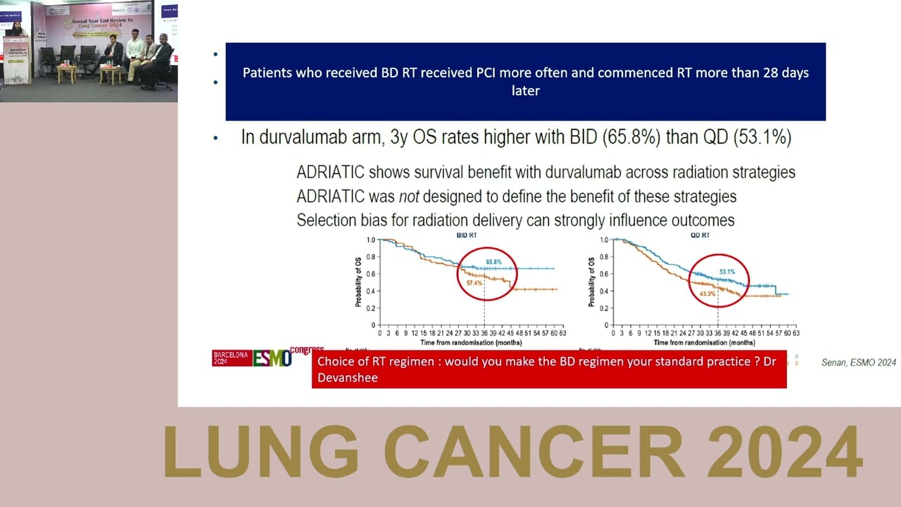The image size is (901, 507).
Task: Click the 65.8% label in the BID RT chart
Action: pyautogui.click(x=493, y=262)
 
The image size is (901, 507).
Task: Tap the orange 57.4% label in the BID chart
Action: pyautogui.click(x=474, y=283)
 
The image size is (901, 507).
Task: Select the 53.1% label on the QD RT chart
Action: pyautogui.click(x=726, y=272)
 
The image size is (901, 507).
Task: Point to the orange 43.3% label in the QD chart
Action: pyautogui.click(x=707, y=294)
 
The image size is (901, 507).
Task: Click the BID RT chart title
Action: pyautogui.click(x=467, y=235)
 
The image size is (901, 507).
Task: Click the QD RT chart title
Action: pyautogui.click(x=700, y=235)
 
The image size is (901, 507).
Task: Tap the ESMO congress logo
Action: pyautogui.click(x=271, y=358)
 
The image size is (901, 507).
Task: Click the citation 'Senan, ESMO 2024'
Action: pyautogui.click(x=858, y=363)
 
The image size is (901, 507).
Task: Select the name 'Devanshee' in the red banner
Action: pyautogui.click(x=348, y=378)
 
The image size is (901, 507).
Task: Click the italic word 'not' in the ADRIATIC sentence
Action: pyautogui.click(x=409, y=196)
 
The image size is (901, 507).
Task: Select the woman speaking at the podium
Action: pyautogui.click(x=15, y=31)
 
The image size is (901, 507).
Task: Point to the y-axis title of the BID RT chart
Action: pyautogui.click(x=358, y=282)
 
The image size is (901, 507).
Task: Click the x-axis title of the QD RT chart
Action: pyautogui.click(x=704, y=342)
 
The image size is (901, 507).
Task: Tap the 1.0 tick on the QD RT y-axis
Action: pyautogui.click(x=604, y=240)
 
